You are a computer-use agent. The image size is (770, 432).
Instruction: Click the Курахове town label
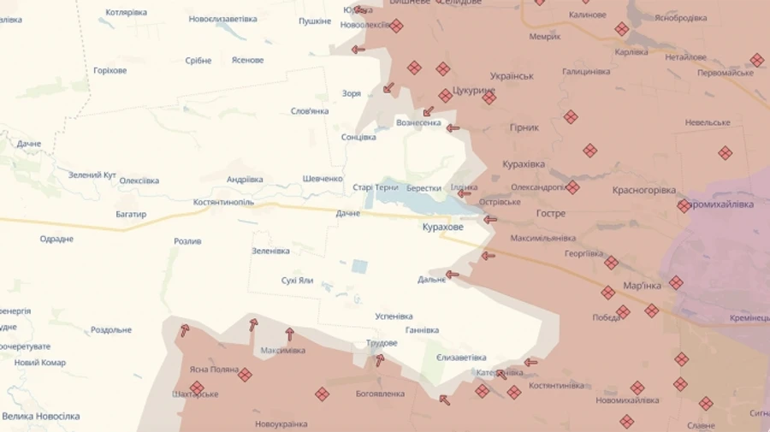pos(442,228)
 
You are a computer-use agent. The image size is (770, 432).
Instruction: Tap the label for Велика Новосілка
pos(41,417)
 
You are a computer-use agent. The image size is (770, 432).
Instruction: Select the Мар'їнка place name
pos(642,286)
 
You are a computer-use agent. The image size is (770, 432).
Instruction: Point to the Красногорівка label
pos(643,190)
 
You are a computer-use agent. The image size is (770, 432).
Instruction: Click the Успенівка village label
pos(394,317)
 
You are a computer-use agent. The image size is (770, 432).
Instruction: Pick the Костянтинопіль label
pos(223,202)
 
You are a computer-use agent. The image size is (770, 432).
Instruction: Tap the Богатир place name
pos(131,214)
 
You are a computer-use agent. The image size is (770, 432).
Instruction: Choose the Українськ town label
pos(512,76)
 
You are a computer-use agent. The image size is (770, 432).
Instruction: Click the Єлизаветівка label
pos(460,358)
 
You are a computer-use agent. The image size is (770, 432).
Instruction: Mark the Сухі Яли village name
pos(297,281)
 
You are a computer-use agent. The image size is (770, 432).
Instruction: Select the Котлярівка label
pos(126,13)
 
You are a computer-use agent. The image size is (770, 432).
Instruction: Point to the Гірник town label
pos(524,127)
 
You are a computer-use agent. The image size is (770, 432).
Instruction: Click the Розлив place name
pos(187,241)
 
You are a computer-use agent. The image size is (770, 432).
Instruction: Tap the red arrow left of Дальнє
pos(452,275)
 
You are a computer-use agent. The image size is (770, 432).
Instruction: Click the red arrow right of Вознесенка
pos(453,128)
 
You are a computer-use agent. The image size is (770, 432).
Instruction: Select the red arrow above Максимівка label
pos(289,334)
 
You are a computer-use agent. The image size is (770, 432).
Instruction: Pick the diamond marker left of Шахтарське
pos(196,388)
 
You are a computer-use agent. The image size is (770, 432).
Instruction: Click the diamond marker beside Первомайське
pos(757,60)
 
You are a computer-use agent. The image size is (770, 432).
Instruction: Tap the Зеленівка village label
pos(270,251)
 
